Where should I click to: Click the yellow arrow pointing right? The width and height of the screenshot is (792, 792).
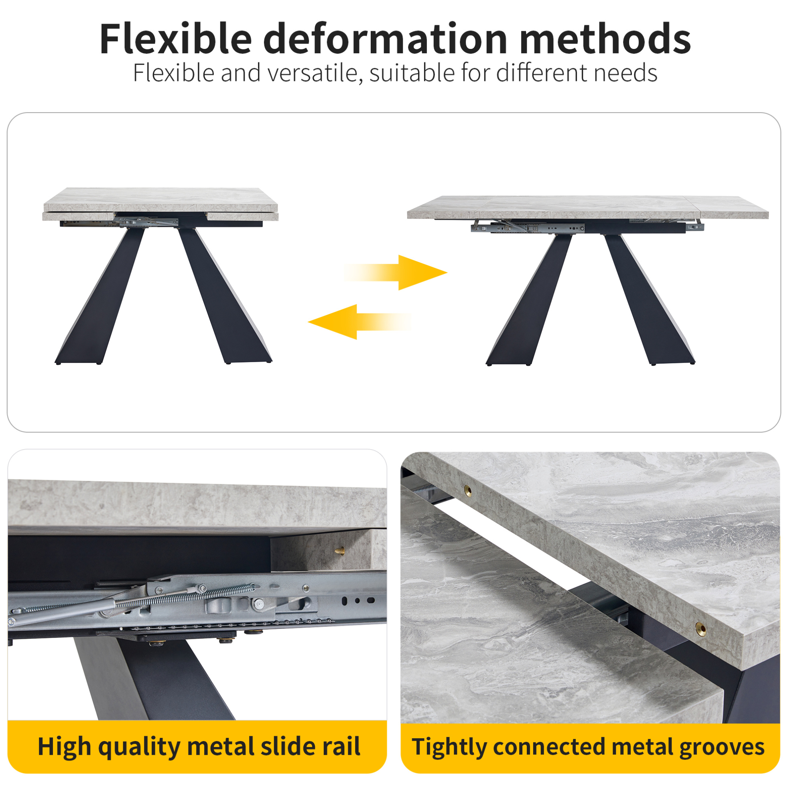click(395, 273)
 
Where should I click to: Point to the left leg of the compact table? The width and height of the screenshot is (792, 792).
click(100, 296)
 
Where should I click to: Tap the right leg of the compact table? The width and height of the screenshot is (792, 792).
click(225, 296)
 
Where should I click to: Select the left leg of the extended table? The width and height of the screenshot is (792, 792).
click(529, 299)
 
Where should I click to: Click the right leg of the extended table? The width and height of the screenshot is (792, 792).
click(649, 299)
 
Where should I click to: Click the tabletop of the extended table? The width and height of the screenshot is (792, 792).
click(587, 207)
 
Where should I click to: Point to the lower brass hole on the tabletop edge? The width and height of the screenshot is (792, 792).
click(700, 628)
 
